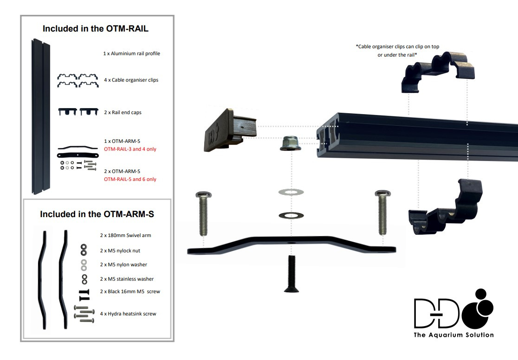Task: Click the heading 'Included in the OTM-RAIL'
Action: [x=96, y=29]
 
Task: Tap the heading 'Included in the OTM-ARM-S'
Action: [x=97, y=214]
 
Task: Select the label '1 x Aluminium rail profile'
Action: [x=131, y=53]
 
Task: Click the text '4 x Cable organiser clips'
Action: [x=131, y=80]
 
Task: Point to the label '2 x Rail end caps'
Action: [x=123, y=113]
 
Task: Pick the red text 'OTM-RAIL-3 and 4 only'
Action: [x=130, y=149]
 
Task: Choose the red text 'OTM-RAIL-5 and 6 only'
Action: [x=130, y=180]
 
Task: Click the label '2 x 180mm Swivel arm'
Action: [x=125, y=236]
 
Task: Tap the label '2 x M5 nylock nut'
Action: [x=120, y=251]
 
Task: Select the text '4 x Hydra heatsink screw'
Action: [x=128, y=314]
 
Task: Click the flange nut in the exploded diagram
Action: [x=291, y=144]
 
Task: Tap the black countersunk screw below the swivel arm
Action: [x=291, y=274]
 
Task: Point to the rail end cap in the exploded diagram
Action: [x=230, y=130]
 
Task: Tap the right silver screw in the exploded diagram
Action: [x=382, y=212]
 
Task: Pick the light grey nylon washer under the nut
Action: [x=291, y=192]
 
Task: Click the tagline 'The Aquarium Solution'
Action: [x=453, y=335]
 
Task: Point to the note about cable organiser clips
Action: [x=397, y=51]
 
